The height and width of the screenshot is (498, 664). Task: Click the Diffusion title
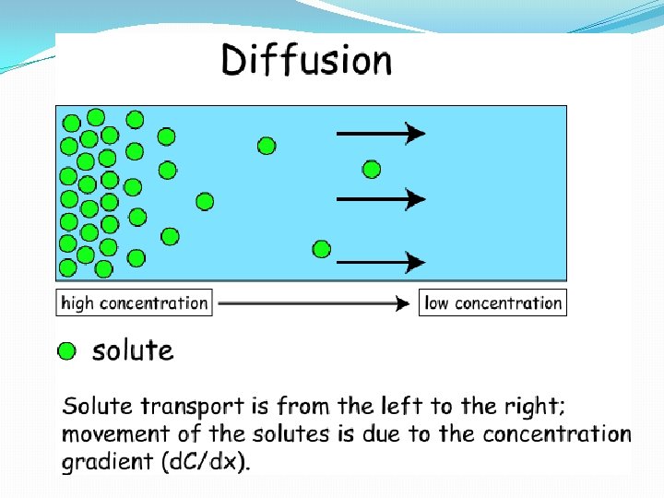pyautogui.click(x=305, y=62)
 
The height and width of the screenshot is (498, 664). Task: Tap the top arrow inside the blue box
pyautogui.click(x=380, y=135)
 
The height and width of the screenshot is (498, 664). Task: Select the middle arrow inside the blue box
pyautogui.click(x=380, y=198)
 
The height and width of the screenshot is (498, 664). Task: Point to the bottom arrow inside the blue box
pyautogui.click(x=380, y=263)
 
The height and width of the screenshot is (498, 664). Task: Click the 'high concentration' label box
pyautogui.click(x=135, y=302)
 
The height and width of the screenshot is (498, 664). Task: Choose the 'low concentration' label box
pyautogui.click(x=493, y=302)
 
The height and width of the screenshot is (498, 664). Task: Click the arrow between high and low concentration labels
pyautogui.click(x=314, y=302)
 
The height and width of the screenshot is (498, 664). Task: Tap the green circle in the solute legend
pyautogui.click(x=67, y=350)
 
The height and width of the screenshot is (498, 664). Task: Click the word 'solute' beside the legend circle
pyautogui.click(x=133, y=350)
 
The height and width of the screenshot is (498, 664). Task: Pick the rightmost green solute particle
pyautogui.click(x=372, y=169)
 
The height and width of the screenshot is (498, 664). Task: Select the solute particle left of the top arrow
pyautogui.click(x=267, y=145)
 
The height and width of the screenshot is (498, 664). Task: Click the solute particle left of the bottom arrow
pyautogui.click(x=322, y=248)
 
